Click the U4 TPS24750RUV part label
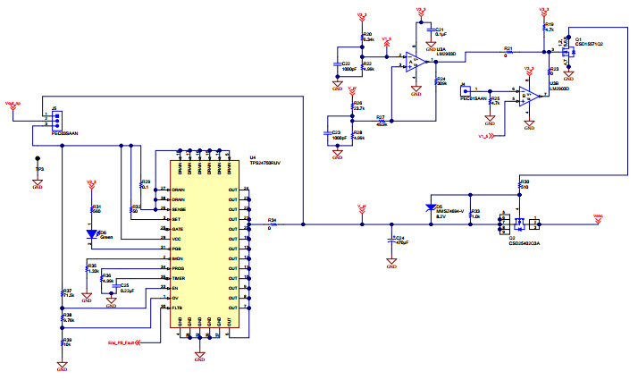click(264, 164)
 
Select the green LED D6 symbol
click(91, 233)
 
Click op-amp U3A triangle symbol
click(413, 61)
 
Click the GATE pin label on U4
click(179, 228)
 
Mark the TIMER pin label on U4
click(179, 277)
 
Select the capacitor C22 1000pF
click(338, 64)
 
